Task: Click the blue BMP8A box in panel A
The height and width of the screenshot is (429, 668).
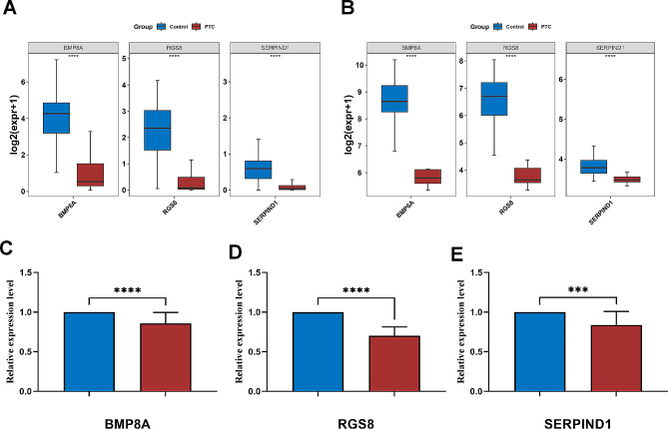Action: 56,118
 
